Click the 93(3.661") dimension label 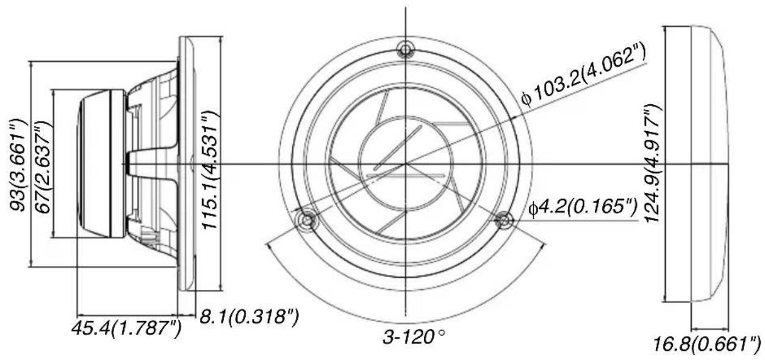18,165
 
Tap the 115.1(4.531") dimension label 210,170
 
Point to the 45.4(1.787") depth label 126,328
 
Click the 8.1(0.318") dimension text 249,316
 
